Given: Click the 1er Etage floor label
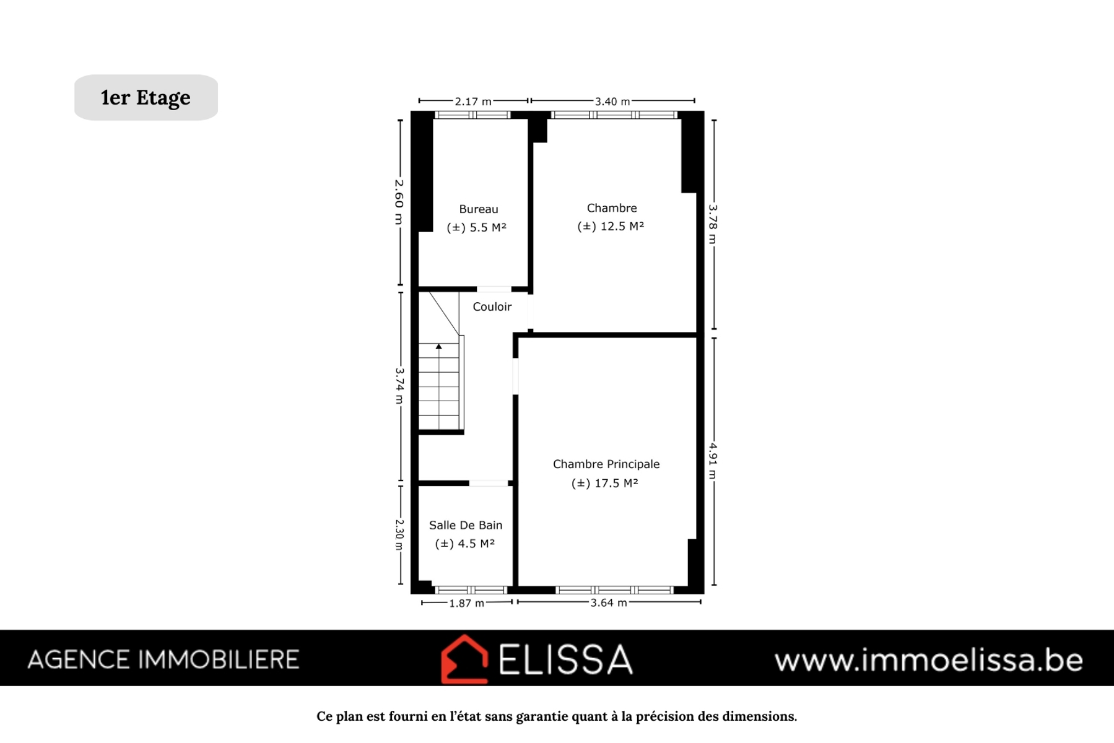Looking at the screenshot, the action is click(x=146, y=98).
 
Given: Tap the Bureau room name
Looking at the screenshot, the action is click(x=479, y=209).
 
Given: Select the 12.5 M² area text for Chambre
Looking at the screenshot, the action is click(x=611, y=227).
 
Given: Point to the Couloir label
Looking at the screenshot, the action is click(x=492, y=306).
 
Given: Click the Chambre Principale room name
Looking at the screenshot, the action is click(x=606, y=464).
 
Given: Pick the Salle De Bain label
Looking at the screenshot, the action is click(x=466, y=525).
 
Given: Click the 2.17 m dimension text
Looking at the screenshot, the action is click(x=473, y=101).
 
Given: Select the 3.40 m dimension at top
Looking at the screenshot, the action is click(x=612, y=101).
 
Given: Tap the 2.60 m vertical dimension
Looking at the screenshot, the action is click(x=399, y=202).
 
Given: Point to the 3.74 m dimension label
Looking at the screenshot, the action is click(x=399, y=386).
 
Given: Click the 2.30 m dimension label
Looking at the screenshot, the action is click(x=399, y=534).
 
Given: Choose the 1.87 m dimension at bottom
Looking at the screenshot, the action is click(x=467, y=603).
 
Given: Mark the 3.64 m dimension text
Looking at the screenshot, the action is click(x=609, y=602).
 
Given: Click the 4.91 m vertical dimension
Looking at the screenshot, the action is click(x=713, y=461).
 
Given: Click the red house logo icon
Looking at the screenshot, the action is click(x=464, y=659).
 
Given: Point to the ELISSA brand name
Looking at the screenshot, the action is click(x=565, y=659).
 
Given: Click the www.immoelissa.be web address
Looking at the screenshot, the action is click(x=928, y=660).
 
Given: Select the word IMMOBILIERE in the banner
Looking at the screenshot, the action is click(x=219, y=660).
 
